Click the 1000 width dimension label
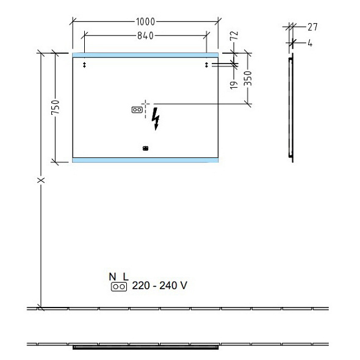coord(146,22)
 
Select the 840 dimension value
coord(146,35)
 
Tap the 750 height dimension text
coord(56,107)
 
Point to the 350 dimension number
coord(248,78)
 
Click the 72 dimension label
coord(234,35)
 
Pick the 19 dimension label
coord(234,85)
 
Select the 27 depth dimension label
coord(312,27)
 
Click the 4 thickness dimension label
coord(310,43)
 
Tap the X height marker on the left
coord(41,180)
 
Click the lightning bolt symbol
coord(156,119)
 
